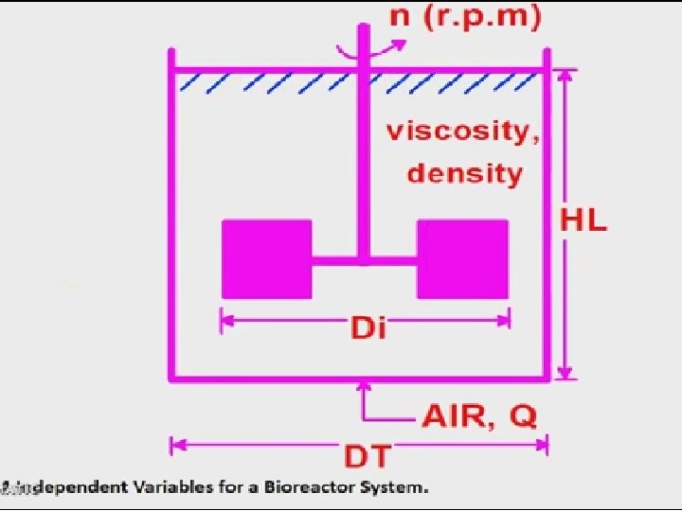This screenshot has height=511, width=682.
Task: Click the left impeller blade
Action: point(266,258)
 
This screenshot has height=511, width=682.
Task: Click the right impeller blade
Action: point(462,258)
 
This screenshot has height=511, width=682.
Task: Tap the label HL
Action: point(583,222)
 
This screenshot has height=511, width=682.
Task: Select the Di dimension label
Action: point(368,328)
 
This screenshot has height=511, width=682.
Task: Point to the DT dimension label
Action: point(367,457)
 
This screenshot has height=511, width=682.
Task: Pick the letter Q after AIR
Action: point(523,416)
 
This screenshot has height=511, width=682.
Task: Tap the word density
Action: point(464,173)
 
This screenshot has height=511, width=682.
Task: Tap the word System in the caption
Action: point(398,488)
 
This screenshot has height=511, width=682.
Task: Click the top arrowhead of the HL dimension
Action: point(565,76)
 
